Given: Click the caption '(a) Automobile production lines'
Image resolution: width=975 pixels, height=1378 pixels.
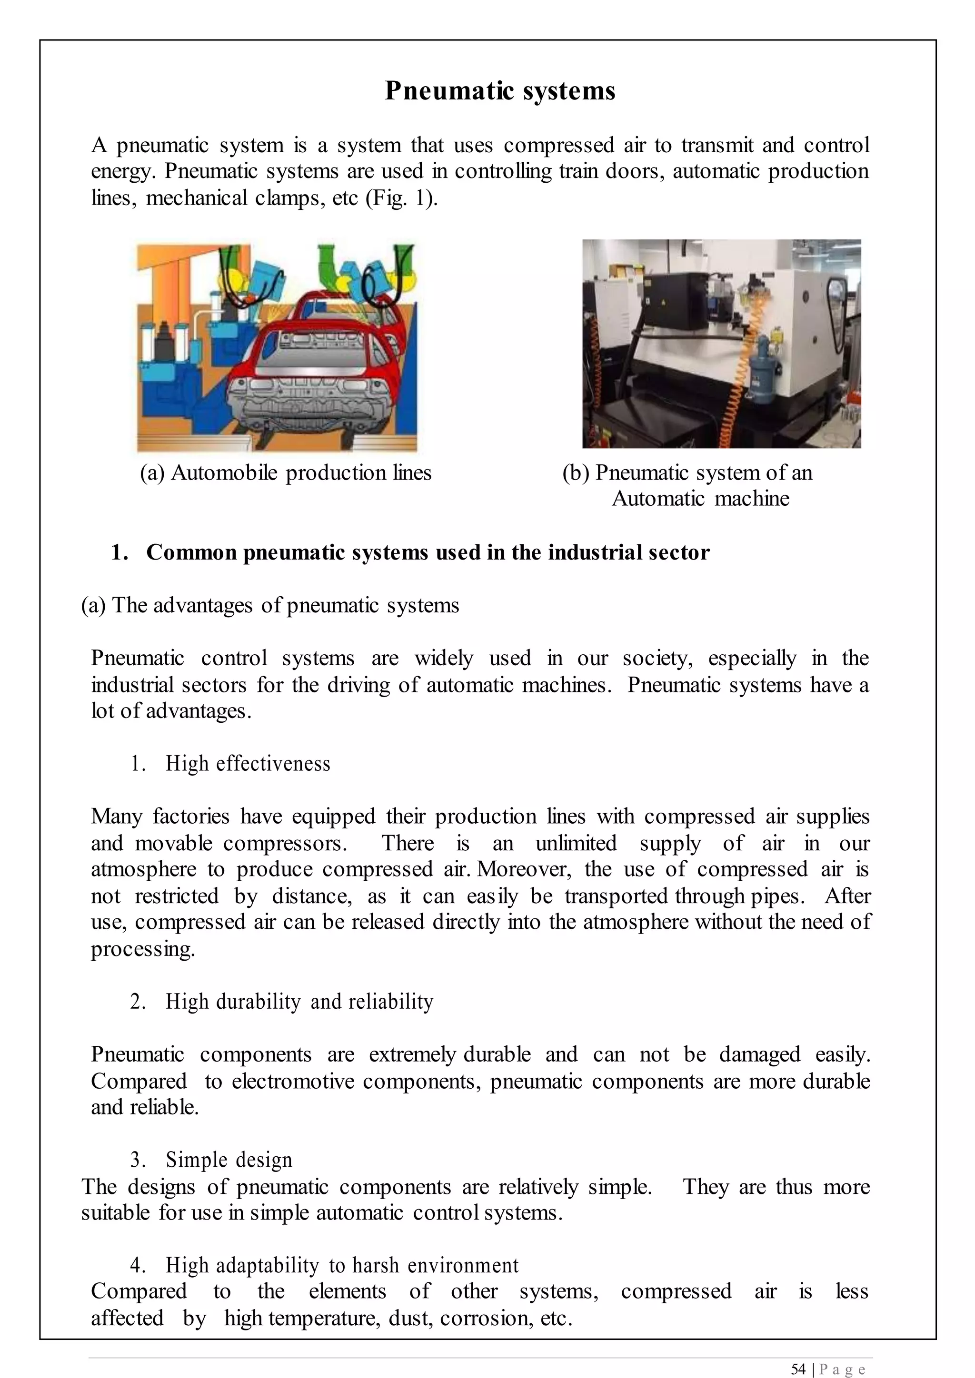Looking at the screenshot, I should pyautogui.click(x=286, y=473).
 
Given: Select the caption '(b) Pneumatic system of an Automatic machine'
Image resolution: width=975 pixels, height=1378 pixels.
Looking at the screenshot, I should pyautogui.click(x=687, y=485).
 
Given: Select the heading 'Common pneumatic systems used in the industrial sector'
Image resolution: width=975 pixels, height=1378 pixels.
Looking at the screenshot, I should pyautogui.click(x=428, y=552).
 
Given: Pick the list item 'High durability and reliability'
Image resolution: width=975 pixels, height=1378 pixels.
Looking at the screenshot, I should pyautogui.click(x=299, y=1001).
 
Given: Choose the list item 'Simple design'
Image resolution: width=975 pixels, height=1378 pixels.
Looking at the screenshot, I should pyautogui.click(x=229, y=1160).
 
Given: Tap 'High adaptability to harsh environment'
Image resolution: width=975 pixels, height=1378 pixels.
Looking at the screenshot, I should pyautogui.click(x=342, y=1265).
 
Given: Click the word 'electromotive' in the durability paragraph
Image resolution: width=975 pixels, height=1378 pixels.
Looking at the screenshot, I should pyautogui.click(x=294, y=1081).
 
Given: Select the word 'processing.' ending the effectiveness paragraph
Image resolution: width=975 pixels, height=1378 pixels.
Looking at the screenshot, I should pyautogui.click(x=143, y=949).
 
